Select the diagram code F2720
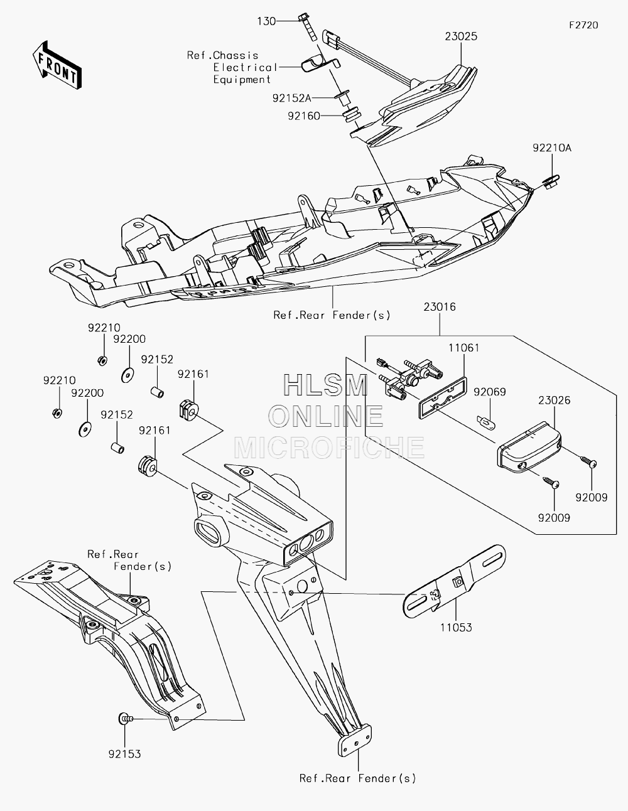(x=583, y=25)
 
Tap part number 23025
(x=461, y=36)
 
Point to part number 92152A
(x=291, y=98)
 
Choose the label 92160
(x=304, y=116)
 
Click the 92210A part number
(x=552, y=148)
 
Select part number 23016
(x=440, y=307)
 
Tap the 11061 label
(x=463, y=348)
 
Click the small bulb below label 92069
(x=487, y=423)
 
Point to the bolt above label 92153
(x=126, y=717)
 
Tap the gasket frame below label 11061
(x=443, y=397)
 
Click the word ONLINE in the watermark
(x=325, y=417)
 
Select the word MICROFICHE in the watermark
(x=329, y=448)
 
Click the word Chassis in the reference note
(x=235, y=55)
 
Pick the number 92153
(x=125, y=754)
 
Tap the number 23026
(x=554, y=400)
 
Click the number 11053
(x=456, y=627)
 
